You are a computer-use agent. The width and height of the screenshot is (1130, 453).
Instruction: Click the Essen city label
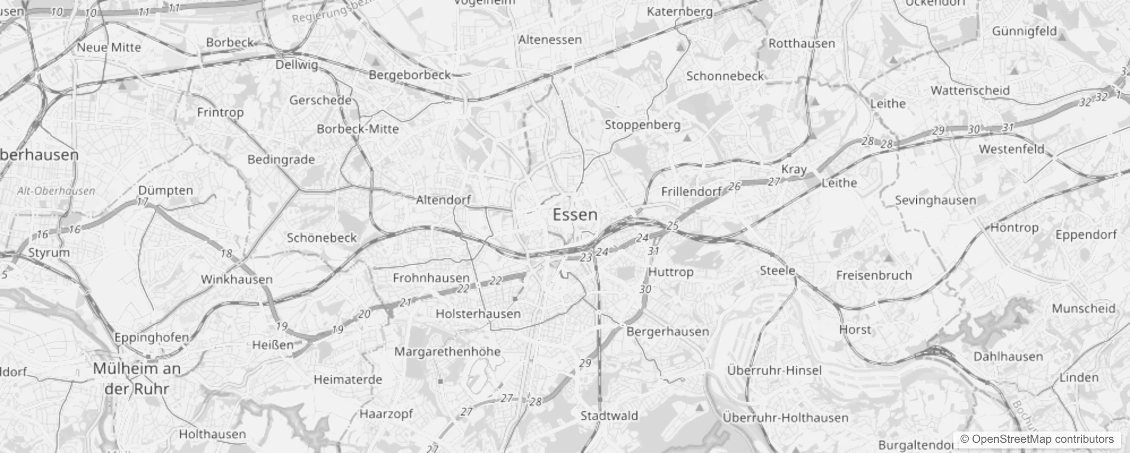[575, 215]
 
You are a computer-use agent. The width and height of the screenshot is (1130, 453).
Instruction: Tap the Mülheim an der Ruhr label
[137, 379]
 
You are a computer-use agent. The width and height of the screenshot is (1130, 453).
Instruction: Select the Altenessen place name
[550, 40]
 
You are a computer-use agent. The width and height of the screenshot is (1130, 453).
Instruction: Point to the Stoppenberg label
[642, 125]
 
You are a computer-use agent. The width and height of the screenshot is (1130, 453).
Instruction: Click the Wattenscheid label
[970, 91]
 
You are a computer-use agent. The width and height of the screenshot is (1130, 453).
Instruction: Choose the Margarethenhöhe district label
[447, 352]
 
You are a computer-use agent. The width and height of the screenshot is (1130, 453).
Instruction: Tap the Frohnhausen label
[431, 278]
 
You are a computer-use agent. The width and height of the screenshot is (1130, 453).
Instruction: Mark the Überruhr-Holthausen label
[785, 418]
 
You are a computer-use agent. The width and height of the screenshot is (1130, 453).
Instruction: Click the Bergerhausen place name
[667, 331]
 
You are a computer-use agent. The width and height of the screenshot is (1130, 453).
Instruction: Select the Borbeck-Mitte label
[358, 129]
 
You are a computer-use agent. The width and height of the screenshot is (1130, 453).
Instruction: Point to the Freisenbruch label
[874, 276]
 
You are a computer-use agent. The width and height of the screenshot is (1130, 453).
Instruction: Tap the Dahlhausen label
[1008, 357]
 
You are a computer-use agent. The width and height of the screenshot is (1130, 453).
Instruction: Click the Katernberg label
[679, 11]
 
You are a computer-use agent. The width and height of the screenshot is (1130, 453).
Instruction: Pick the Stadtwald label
[609, 416]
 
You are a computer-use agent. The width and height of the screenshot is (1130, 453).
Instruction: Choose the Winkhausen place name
[237, 279]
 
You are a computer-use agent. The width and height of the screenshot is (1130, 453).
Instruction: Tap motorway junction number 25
[672, 226]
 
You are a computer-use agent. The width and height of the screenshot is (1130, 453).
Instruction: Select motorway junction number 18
[226, 253]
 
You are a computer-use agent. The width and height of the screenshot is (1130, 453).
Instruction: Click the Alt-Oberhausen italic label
[56, 191]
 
